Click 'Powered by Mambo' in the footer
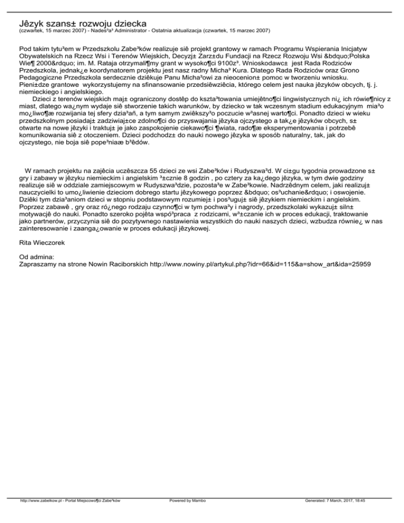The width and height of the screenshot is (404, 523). (188, 516)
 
